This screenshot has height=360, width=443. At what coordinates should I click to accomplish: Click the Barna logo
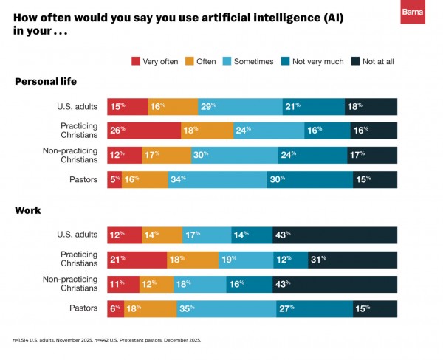coord(413,12)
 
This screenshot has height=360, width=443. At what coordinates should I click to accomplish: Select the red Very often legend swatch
coord(136,61)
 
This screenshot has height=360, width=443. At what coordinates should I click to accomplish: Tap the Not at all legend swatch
coord(355,61)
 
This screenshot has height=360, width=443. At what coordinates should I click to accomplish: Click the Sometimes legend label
coord(254,61)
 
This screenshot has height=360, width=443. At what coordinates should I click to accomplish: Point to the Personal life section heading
coord(46,82)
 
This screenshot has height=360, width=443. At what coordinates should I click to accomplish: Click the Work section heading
coord(28,210)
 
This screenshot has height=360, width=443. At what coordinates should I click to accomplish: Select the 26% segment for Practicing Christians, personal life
coord(144,131)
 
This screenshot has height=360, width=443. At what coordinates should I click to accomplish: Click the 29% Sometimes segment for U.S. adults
coord(240,107)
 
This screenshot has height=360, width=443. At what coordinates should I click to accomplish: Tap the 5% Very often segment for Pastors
coord(114,179)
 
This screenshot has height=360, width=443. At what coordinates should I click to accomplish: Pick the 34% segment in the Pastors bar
coord(217,179)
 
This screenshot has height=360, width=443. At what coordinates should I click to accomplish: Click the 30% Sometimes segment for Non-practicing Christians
coord(235,155)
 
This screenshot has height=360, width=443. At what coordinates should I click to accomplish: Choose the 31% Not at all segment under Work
coord(353,260)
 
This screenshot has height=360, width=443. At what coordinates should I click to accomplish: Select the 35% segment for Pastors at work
coord(227,309)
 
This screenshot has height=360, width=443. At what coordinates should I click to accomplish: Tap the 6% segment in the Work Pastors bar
coord(116,309)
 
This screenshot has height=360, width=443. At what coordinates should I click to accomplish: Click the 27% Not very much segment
coord(315,309)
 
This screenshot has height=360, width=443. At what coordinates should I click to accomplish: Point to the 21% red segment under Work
coord(137,260)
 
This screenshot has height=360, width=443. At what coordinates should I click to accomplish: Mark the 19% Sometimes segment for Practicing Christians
coord(246,260)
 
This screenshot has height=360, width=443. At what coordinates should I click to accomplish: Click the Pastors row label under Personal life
coord(83,179)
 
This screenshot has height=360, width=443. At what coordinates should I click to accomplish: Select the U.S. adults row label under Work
coord(77,235)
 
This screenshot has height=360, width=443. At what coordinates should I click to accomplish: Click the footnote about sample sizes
coord(107,340)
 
